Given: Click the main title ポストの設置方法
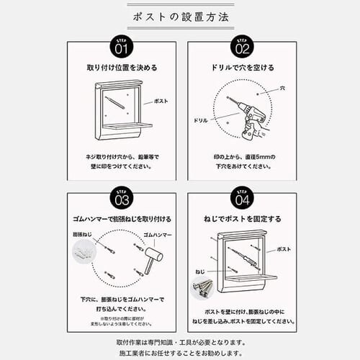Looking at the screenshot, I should [x=180, y=16].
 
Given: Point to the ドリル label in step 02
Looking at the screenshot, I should [x=201, y=120].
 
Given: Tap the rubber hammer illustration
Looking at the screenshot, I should [x=153, y=260].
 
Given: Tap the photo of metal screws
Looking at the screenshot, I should [x=202, y=287].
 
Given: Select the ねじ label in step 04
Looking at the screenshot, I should [x=200, y=273].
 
